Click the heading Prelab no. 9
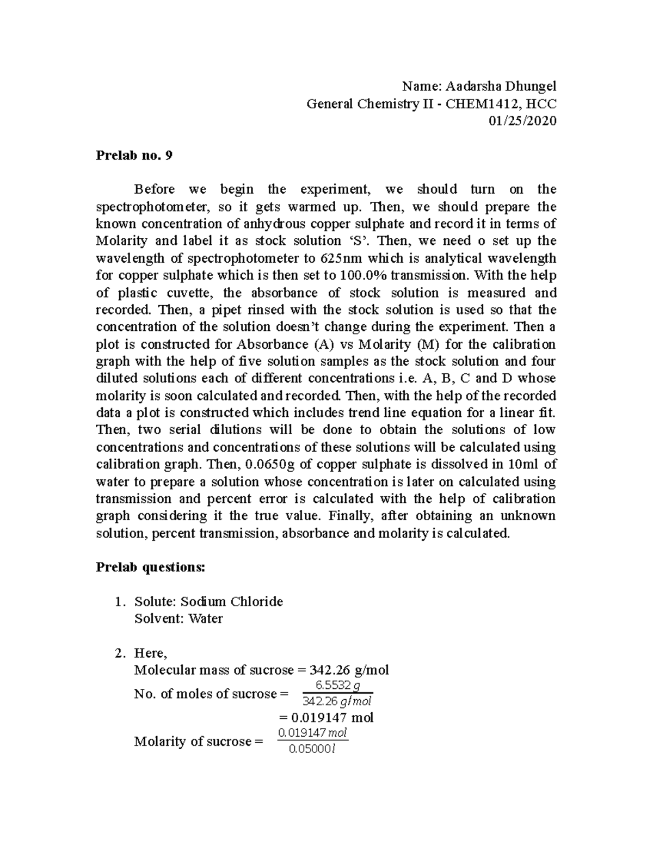[x=134, y=156]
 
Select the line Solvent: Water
[x=178, y=619]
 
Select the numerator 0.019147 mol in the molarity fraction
[x=312, y=733]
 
